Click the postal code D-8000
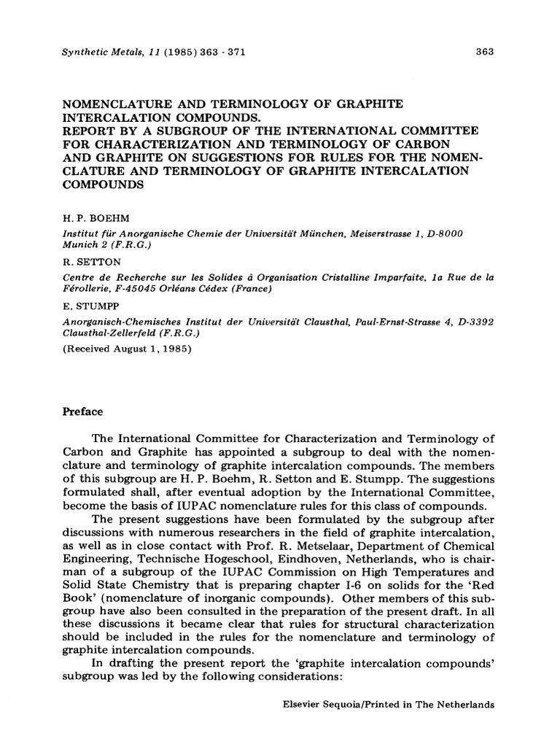coord(443,232)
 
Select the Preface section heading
coord(83,411)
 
